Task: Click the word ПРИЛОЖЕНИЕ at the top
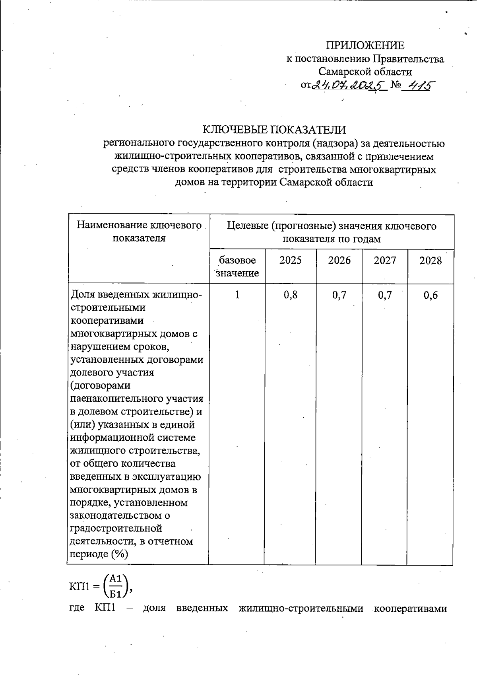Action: click(x=365, y=45)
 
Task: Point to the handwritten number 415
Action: click(x=418, y=85)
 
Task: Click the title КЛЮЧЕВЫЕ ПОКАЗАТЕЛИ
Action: click(x=274, y=130)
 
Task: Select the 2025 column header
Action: click(x=290, y=261)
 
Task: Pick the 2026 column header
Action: click(x=339, y=261)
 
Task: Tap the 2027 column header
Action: click(x=385, y=261)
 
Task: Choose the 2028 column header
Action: click(x=430, y=261)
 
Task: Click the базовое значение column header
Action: click(x=237, y=266)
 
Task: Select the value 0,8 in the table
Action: click(x=290, y=295)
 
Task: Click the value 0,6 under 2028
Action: click(x=430, y=295)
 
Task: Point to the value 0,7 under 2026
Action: click(x=339, y=295)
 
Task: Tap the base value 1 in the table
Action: click(x=237, y=295)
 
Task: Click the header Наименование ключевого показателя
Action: click(x=139, y=232)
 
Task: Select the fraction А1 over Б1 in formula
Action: click(x=116, y=586)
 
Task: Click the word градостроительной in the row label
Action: click(x=116, y=529)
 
